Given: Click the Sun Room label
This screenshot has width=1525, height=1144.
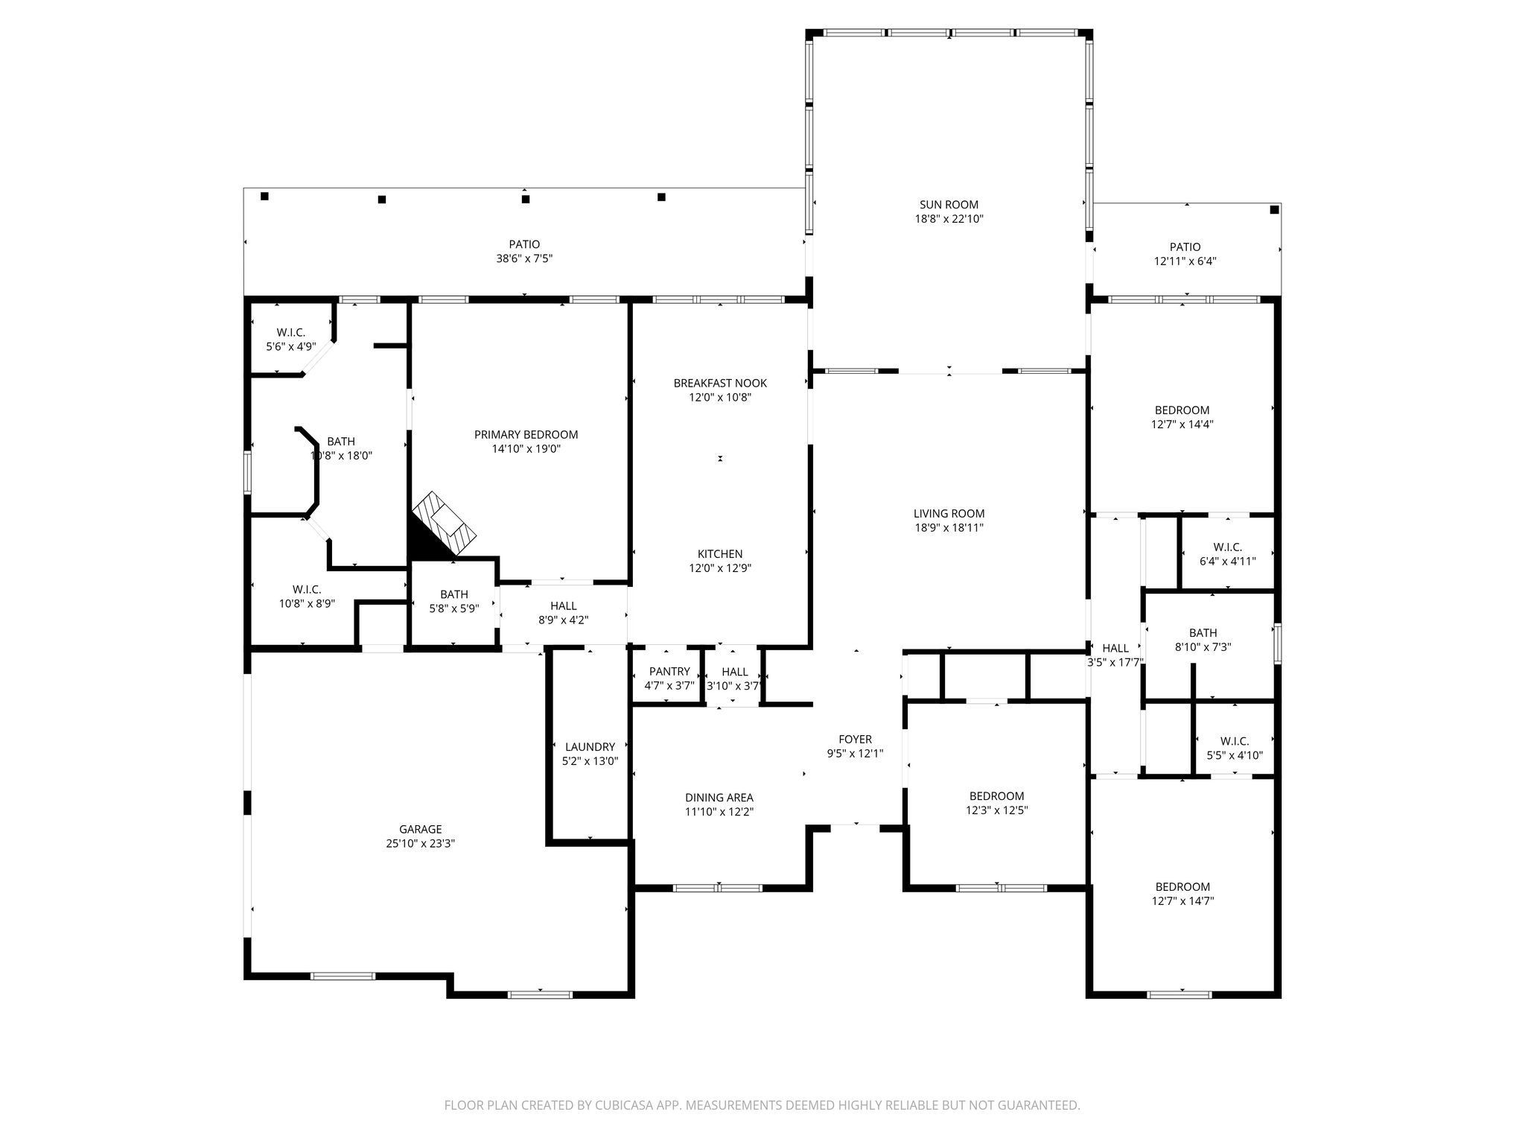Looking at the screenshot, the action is (949, 205).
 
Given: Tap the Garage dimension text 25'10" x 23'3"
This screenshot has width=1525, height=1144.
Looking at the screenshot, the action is (421, 844).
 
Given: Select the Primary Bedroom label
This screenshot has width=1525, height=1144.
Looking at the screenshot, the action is (526, 435).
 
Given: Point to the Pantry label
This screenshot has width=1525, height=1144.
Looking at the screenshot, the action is (669, 672).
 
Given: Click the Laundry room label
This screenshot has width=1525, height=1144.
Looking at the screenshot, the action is (590, 747).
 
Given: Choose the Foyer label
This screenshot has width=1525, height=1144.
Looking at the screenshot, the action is (855, 740).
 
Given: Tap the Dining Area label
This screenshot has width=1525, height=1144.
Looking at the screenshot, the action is (719, 798).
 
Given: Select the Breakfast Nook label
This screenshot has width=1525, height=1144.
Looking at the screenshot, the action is (720, 384).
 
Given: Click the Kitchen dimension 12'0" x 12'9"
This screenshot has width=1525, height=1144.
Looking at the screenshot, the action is (720, 568).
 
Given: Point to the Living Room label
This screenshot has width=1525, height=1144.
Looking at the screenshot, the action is (949, 514).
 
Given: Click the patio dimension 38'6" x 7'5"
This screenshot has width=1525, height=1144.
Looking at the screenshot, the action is (524, 259).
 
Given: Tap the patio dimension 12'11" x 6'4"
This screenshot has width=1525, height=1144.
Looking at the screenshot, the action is (1185, 261).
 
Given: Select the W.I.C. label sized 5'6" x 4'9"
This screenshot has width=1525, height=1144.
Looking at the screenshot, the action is (290, 333).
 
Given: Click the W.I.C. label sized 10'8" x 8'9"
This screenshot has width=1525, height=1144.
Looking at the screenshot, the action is (307, 590).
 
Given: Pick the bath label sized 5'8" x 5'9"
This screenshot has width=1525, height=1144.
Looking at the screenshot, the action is (454, 594).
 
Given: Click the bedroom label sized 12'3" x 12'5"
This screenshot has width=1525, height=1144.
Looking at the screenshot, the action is (996, 796).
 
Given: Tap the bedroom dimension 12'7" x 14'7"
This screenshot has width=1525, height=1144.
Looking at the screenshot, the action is (1182, 901).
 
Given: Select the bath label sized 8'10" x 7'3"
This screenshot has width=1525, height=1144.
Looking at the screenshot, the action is (1203, 634).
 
